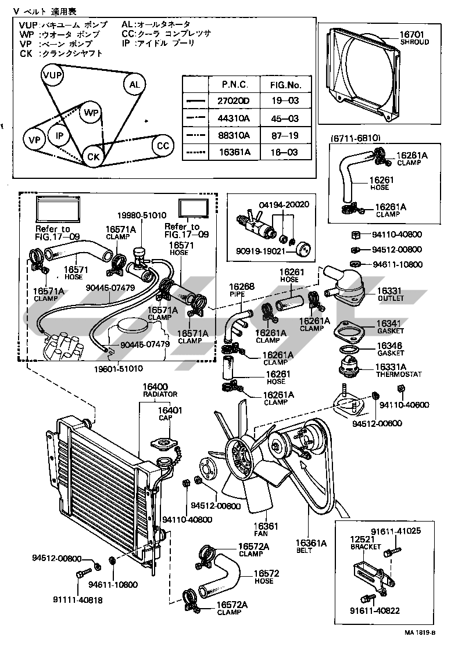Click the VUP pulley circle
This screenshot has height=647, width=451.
52,76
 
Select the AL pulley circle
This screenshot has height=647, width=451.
134,85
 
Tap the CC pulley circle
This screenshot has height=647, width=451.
162,146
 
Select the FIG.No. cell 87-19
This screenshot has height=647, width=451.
285,135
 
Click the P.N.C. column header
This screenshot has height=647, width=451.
235,84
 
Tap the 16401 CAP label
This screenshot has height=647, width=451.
170,414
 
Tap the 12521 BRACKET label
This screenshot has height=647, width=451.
366,543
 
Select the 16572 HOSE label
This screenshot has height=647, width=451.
267,577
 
